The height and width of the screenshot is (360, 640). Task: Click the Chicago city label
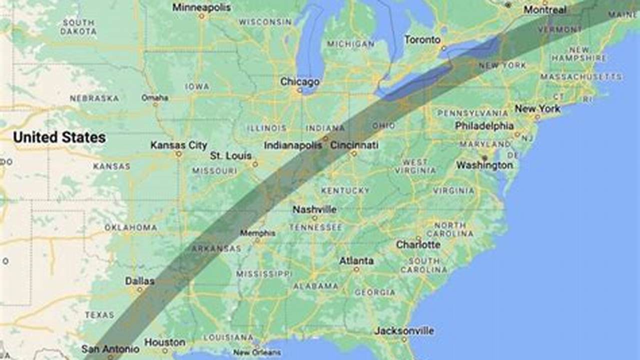[x=299, y=81]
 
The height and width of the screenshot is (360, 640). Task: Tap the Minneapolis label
[x=202, y=7]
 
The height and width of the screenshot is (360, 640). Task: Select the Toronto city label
[x=422, y=39]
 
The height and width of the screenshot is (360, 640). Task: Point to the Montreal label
[x=545, y=10]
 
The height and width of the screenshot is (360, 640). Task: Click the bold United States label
[x=59, y=137]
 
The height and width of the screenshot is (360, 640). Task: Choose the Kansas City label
[x=179, y=145]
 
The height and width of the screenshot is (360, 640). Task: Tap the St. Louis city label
[x=231, y=156]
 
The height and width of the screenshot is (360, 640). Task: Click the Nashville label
[x=314, y=209]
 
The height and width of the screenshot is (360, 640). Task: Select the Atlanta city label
[x=356, y=260]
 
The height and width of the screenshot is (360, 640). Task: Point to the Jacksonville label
[x=404, y=331]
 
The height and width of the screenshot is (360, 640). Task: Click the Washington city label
[x=484, y=165]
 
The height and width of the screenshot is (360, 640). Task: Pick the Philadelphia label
[x=484, y=126]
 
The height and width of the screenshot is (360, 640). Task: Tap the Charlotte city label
[x=418, y=244]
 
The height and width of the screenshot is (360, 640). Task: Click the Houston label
[x=165, y=342]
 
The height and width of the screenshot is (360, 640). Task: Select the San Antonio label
[x=110, y=348]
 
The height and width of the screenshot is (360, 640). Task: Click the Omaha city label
[x=155, y=97]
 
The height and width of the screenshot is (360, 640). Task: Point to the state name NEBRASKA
[x=94, y=98]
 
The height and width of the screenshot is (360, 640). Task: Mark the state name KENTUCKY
[x=345, y=190]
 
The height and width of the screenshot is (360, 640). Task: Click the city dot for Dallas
[x=140, y=289]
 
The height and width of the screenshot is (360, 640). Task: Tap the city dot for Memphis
[x=257, y=240]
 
